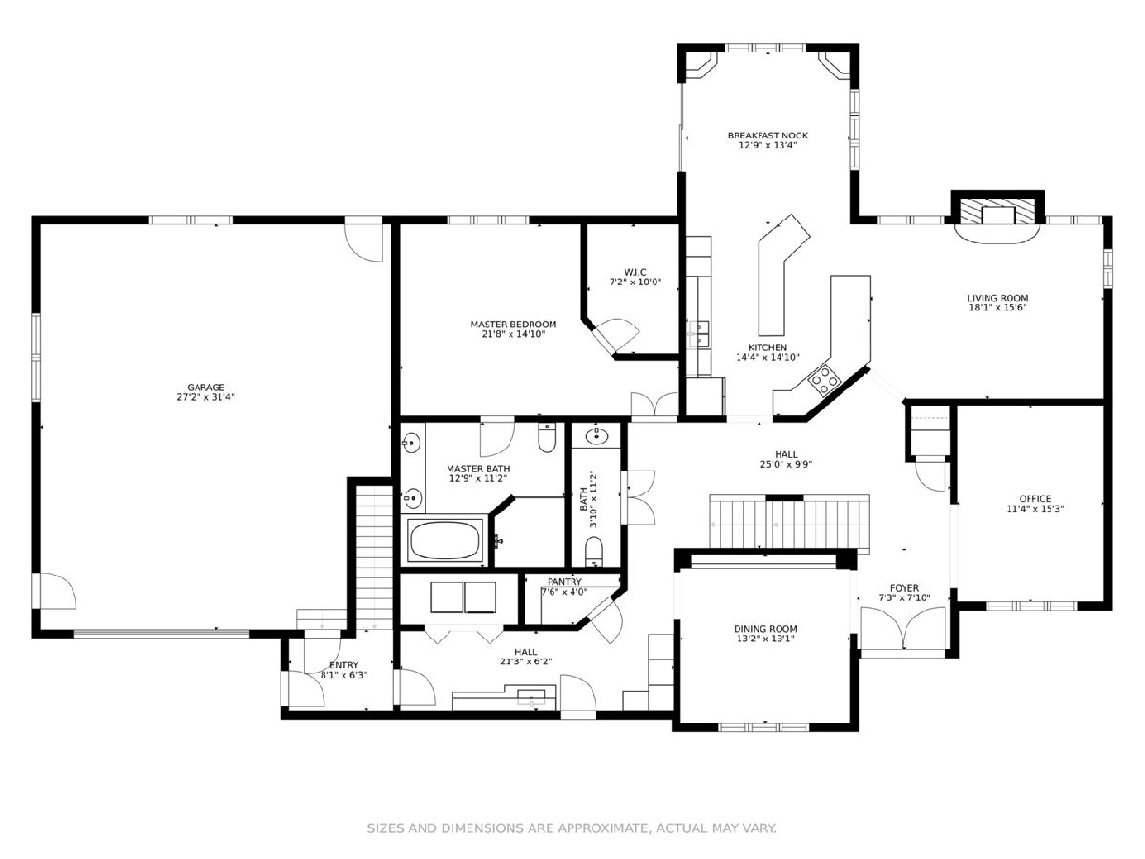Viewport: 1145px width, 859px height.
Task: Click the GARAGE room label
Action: pyautogui.click(x=206, y=388)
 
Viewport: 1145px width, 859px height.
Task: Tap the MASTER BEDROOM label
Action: pyautogui.click(x=513, y=325)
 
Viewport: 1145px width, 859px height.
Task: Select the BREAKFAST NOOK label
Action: pyautogui.click(x=768, y=136)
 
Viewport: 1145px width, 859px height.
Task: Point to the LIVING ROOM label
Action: pyautogui.click(x=998, y=299)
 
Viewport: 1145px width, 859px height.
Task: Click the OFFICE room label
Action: pyautogui.click(x=1035, y=499)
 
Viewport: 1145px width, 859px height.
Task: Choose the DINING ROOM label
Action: pyautogui.click(x=765, y=629)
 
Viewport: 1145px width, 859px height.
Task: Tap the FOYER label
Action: pyautogui.click(x=905, y=588)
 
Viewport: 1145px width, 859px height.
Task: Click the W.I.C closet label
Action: pyautogui.click(x=635, y=272)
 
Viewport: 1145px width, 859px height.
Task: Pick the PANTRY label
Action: pyautogui.click(x=565, y=582)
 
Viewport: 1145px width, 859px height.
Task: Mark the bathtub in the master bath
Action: pyautogui.click(x=445, y=540)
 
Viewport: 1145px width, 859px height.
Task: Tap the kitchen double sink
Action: pyautogui.click(x=699, y=334)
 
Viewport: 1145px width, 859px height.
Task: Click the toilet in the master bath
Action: pyautogui.click(x=547, y=437)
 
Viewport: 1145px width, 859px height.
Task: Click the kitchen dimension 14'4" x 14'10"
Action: pyautogui.click(x=767, y=358)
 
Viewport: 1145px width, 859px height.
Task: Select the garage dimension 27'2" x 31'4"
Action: pyautogui.click(x=206, y=397)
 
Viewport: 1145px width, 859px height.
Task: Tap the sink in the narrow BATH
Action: pyautogui.click(x=596, y=435)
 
